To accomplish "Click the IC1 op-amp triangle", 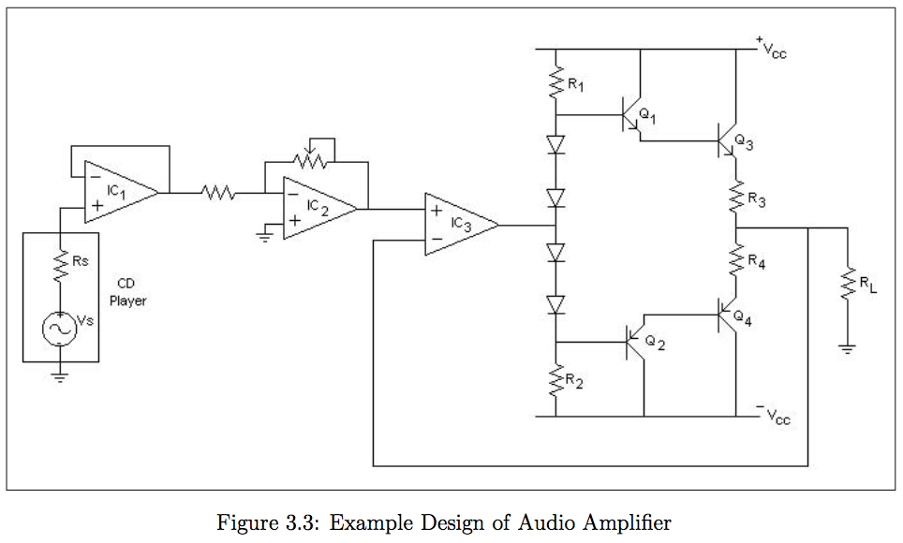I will [118, 192].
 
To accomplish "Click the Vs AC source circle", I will [60, 329].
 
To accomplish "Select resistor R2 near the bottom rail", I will [555, 383].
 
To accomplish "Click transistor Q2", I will [634, 344].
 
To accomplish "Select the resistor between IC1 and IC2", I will [217, 193].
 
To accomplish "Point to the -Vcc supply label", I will [773, 415].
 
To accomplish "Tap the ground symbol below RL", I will [847, 351].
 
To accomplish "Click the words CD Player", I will [127, 292].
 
